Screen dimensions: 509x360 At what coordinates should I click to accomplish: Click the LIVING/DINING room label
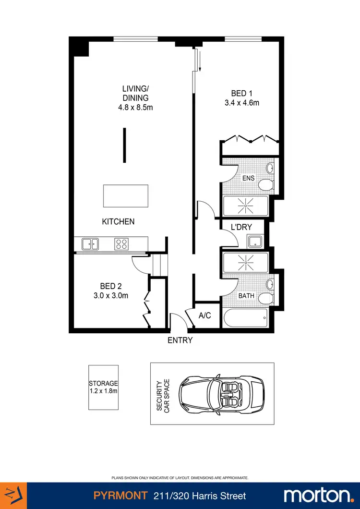[x=135, y=93]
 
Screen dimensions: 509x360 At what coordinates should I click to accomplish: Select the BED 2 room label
[x=110, y=287]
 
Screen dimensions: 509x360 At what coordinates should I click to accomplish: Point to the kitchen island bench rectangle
[x=126, y=196]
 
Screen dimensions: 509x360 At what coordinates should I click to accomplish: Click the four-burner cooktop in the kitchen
[x=120, y=244]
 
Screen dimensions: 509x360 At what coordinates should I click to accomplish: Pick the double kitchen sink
[x=90, y=244]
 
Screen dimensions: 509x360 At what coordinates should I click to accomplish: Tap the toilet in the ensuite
[x=265, y=185]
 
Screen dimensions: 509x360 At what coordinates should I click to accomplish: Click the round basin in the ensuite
[x=270, y=168]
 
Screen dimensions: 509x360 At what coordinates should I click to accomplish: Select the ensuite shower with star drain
[x=246, y=206]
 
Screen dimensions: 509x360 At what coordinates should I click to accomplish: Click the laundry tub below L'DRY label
[x=254, y=241]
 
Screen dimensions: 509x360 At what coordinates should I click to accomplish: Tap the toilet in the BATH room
[x=265, y=299]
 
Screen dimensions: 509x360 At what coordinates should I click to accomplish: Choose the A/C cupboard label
[x=205, y=315]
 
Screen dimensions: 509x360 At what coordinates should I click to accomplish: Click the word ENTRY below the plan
[x=180, y=340]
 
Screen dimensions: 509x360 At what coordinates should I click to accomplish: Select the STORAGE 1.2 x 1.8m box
[x=103, y=388]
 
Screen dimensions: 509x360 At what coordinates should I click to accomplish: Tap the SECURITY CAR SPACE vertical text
[x=164, y=394]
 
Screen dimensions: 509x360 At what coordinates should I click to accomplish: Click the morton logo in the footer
[x=317, y=495]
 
